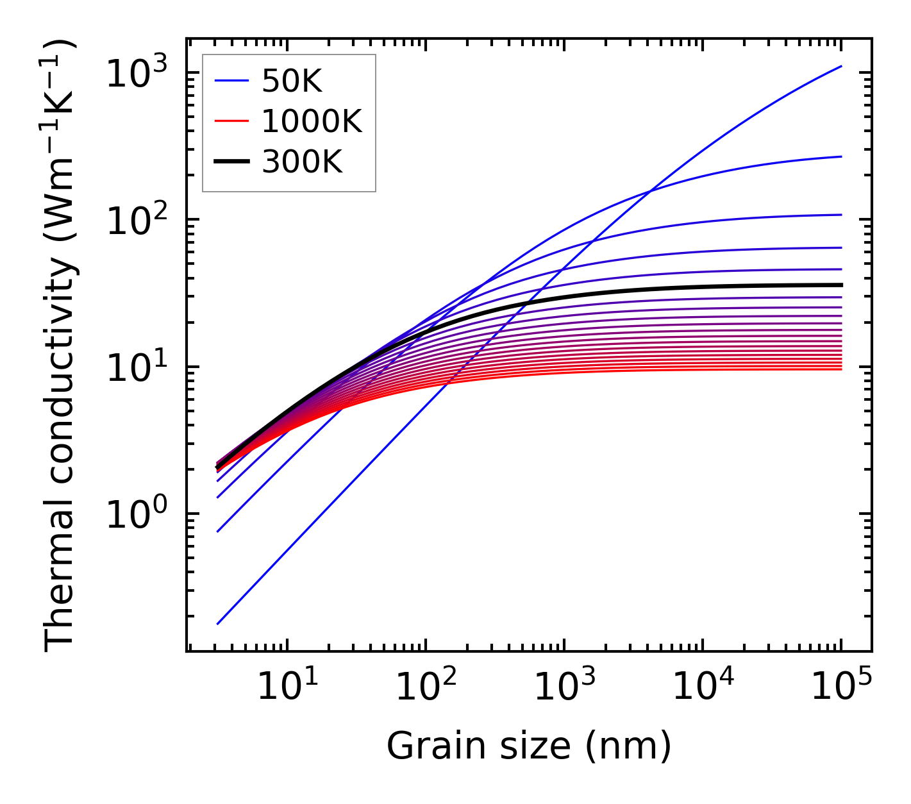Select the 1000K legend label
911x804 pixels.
click(x=312, y=121)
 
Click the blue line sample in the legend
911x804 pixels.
click(x=231, y=81)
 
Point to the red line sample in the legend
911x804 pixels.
click(x=231, y=121)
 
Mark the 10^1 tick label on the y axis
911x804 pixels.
click(x=136, y=367)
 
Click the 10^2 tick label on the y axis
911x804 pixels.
click(x=136, y=220)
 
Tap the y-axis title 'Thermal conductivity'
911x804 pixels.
click(x=60, y=346)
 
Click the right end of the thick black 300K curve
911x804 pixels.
click(x=840, y=285)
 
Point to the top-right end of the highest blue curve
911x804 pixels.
click(x=840, y=66)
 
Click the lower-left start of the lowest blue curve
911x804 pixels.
click(x=218, y=623)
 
